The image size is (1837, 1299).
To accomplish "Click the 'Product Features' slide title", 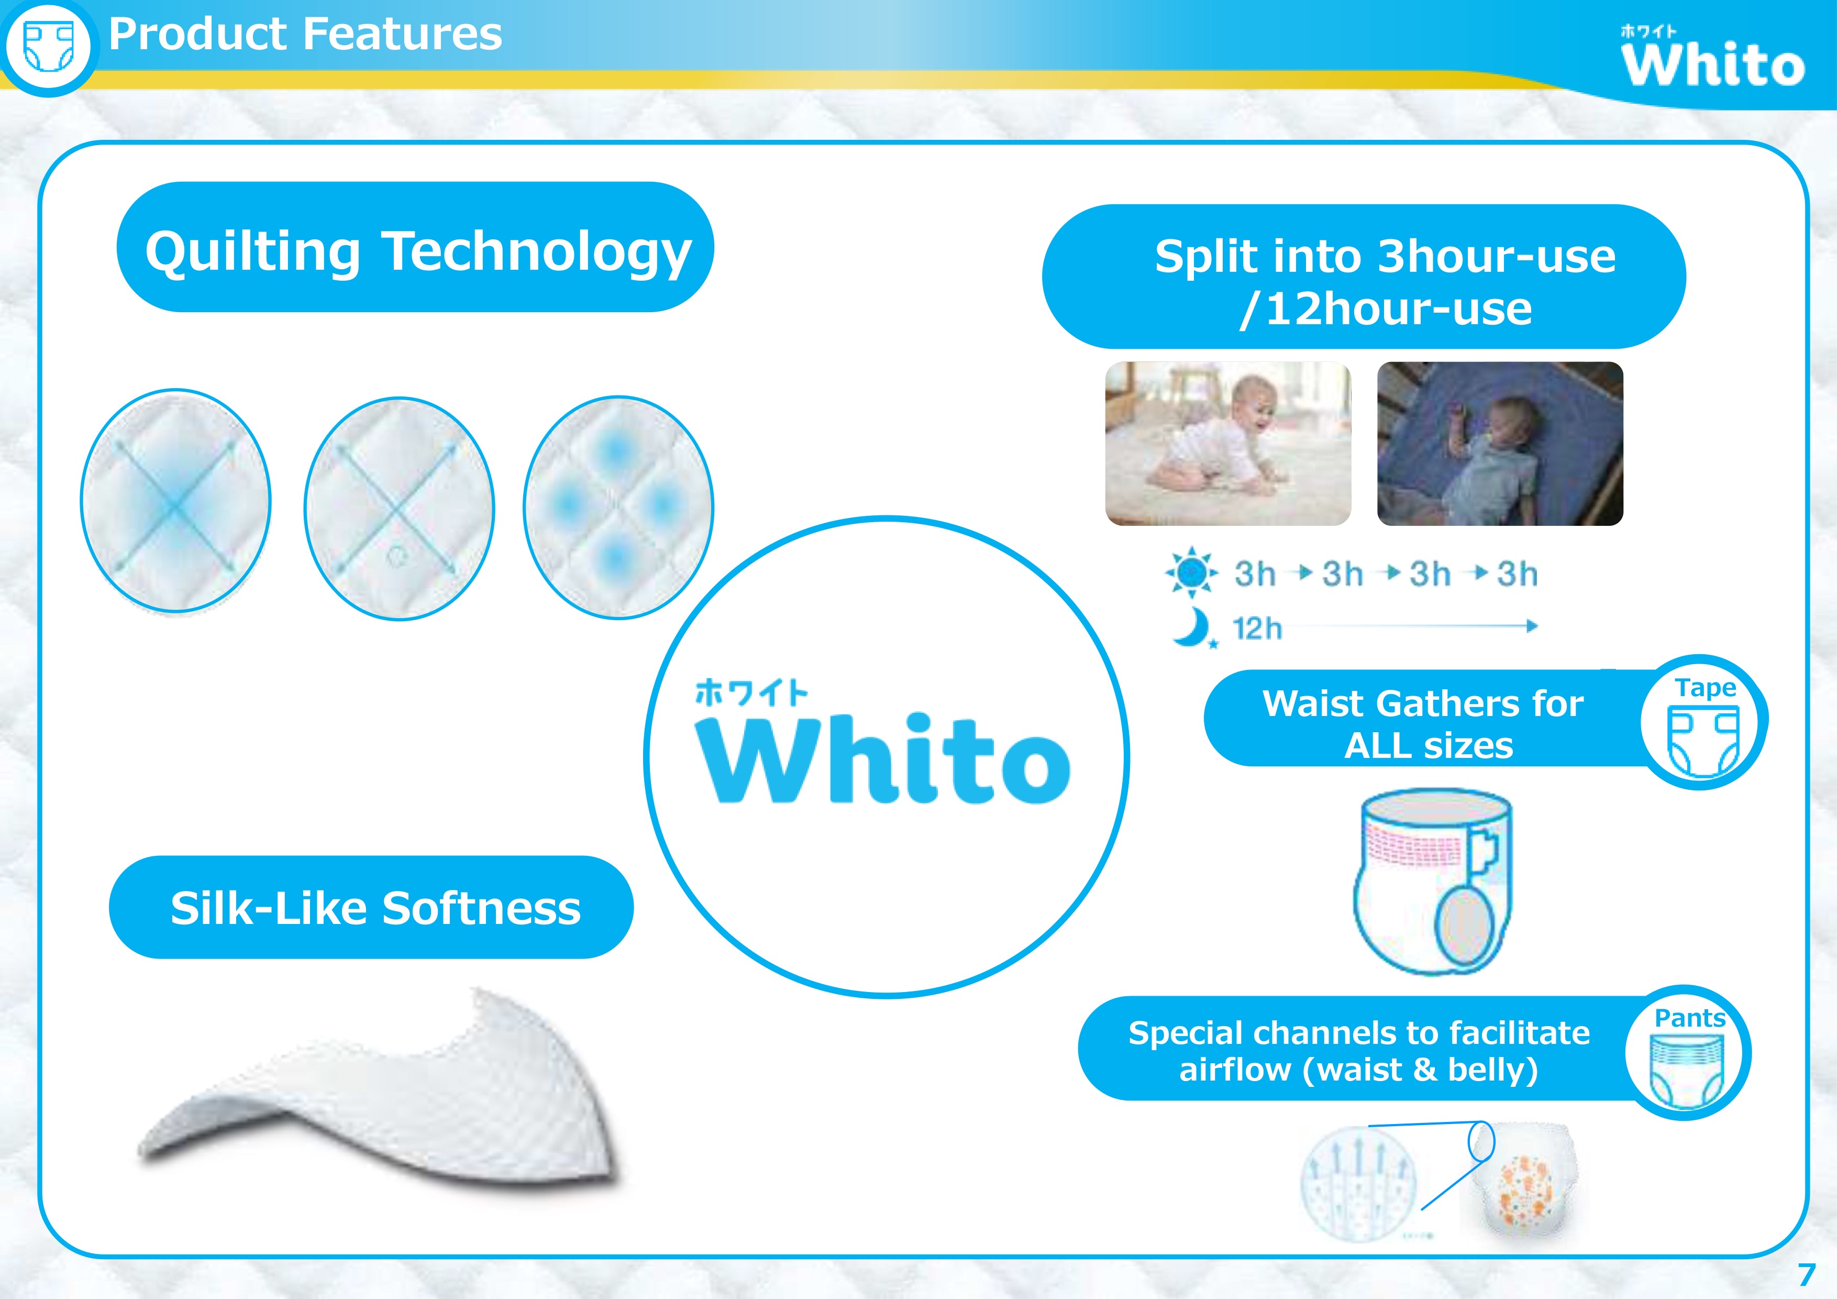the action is click(305, 35).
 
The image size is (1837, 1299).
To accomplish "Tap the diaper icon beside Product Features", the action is click(49, 47).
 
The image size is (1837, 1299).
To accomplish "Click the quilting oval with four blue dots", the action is click(618, 507).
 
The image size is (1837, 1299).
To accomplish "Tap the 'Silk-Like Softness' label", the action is click(375, 908).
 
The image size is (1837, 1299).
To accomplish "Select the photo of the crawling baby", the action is click(1228, 444).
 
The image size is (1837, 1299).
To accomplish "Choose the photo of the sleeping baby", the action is click(1500, 444).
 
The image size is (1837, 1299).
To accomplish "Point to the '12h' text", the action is click(1257, 629).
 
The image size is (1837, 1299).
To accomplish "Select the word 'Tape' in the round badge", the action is click(1706, 688).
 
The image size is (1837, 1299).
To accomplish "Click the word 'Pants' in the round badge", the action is click(1690, 1018).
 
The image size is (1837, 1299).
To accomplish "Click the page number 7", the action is click(1806, 1275).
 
